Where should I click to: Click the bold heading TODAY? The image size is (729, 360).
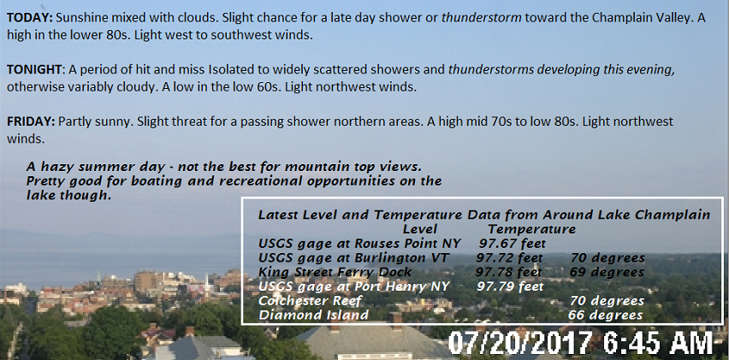click(x=31, y=18)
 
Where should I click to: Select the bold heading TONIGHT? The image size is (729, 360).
click(x=34, y=70)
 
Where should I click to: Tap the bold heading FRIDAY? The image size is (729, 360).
click(x=31, y=121)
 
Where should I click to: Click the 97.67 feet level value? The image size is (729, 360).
click(x=513, y=244)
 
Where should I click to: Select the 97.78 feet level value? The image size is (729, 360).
click(x=508, y=272)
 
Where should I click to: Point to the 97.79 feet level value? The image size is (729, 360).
click(x=510, y=286)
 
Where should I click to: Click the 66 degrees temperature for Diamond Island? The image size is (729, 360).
click(x=605, y=316)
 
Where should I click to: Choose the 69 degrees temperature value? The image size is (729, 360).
click(x=607, y=272)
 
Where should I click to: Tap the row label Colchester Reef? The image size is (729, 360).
click(x=310, y=301)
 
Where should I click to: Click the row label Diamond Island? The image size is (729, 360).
click(x=313, y=316)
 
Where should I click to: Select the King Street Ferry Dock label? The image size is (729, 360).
click(x=335, y=272)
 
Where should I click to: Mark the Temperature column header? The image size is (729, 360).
click(x=531, y=229)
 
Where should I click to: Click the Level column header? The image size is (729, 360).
click(x=420, y=229)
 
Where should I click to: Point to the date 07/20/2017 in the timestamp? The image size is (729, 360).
click(x=520, y=343)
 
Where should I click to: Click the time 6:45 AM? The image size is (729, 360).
click(x=657, y=343)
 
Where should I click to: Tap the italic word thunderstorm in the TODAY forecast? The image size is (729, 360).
click(x=481, y=18)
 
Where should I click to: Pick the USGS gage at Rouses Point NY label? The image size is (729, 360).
click(x=359, y=244)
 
